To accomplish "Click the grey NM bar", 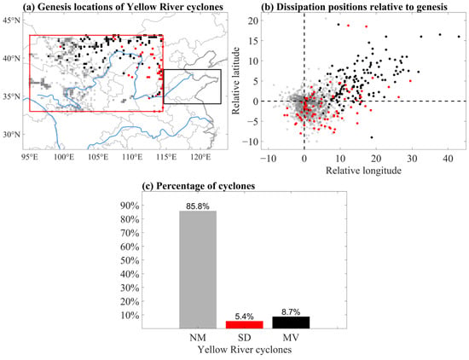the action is (x=198, y=270).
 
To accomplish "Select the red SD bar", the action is (x=245, y=325).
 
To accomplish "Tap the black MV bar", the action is (x=291, y=322).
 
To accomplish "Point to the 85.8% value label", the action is (x=198, y=206).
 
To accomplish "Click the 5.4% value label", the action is (x=245, y=316).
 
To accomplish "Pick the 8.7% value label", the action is (x=291, y=312).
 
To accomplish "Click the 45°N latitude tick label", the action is (x=11, y=20).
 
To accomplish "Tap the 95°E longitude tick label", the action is (x=30, y=158).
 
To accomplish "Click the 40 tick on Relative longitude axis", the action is (x=448, y=159).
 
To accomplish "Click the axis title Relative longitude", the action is (x=363, y=171).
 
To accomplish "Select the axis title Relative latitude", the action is (x=236, y=80).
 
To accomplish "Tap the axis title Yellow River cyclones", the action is (x=245, y=350).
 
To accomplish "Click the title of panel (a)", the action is (x=123, y=7).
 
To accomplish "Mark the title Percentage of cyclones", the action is (x=199, y=186).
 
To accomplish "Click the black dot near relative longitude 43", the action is (x=459, y=37).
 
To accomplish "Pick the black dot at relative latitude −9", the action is (x=372, y=137).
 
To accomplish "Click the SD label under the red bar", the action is (x=245, y=338).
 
